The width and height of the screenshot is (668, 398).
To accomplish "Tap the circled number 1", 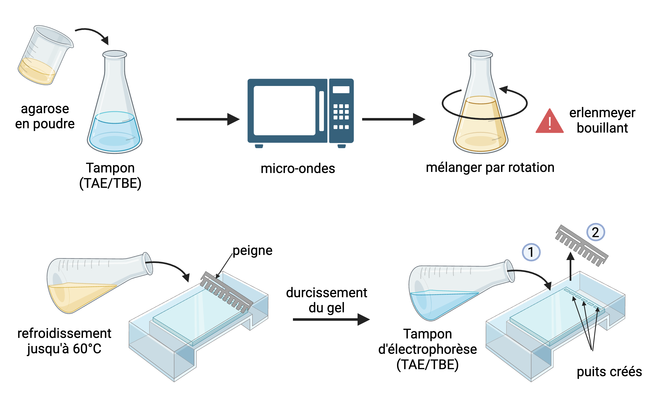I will pyautogui.click(x=531, y=252).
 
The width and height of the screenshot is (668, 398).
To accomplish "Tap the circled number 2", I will pyautogui.click(x=596, y=232).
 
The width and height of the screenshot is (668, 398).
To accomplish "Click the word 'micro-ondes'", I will pyautogui.click(x=298, y=169).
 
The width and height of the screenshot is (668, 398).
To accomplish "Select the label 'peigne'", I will pyautogui.click(x=253, y=251).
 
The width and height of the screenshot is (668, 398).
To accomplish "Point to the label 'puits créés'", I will pyautogui.click(x=609, y=372).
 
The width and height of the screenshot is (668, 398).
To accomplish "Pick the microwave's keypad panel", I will pyautogui.click(x=341, y=110).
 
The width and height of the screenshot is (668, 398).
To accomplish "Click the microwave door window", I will pyautogui.click(x=284, y=110).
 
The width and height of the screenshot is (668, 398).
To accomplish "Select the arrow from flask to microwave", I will pyautogui.click(x=207, y=119).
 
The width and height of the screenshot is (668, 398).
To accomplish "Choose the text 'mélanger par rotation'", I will pyautogui.click(x=490, y=168).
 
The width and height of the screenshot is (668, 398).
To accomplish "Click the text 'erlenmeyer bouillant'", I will pyautogui.click(x=602, y=120).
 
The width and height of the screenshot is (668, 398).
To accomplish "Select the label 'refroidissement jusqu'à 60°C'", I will pyautogui.click(x=64, y=341).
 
